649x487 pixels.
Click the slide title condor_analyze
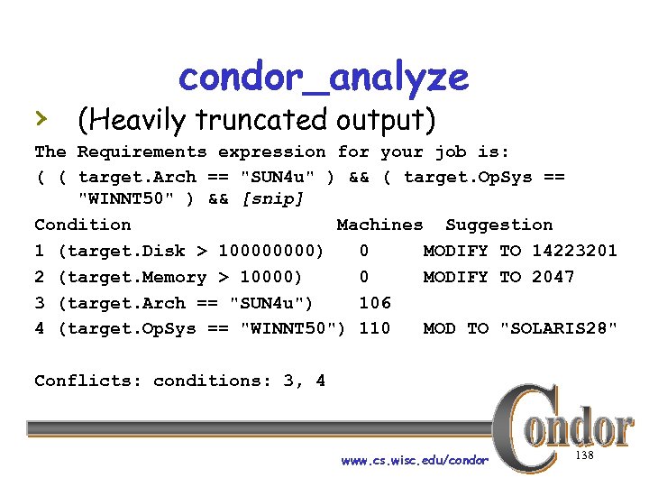[324, 78]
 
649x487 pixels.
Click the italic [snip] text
[273, 198]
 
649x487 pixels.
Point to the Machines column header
[379, 225]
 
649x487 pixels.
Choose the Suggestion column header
[498, 225]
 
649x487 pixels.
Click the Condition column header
[82, 225]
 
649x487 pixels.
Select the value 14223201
[574, 251]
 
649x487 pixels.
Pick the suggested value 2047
[553, 277]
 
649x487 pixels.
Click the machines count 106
[374, 303]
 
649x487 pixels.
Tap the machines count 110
[374, 329]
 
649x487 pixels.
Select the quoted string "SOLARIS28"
[559, 329]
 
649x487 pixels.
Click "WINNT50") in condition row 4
[293, 329]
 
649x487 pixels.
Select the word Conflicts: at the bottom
[87, 381]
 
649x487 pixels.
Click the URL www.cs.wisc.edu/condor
[415, 461]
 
